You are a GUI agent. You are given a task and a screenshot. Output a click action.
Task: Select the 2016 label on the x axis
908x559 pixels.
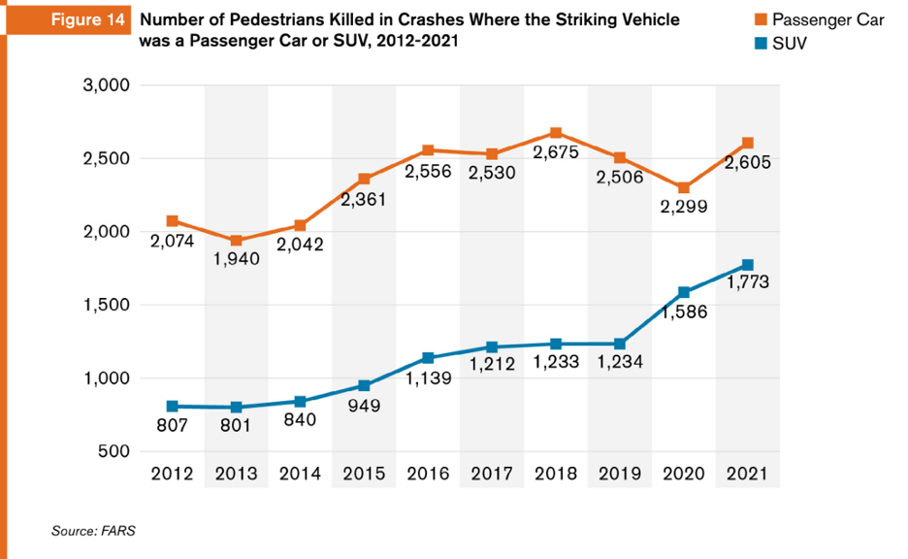pyautogui.click(x=428, y=475)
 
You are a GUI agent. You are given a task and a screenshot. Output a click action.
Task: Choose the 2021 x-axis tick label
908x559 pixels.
pyautogui.click(x=747, y=475)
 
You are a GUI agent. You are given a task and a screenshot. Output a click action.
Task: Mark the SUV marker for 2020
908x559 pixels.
pyautogui.click(x=684, y=292)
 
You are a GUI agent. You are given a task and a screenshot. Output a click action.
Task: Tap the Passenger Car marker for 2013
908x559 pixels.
pyautogui.click(x=236, y=241)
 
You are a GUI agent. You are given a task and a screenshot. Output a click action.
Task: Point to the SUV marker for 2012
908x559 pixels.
pyautogui.click(x=172, y=406)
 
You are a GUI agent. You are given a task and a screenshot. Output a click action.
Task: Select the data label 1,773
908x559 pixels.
pyautogui.click(x=747, y=283)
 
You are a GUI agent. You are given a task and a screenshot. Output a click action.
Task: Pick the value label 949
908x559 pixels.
pyautogui.click(x=365, y=405)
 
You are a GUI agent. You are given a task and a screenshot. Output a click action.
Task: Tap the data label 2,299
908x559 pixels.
pyautogui.click(x=683, y=207)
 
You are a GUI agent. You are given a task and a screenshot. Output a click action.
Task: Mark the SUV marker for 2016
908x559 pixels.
pyautogui.click(x=428, y=358)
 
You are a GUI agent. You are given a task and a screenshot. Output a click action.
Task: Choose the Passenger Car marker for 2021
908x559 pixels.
pyautogui.click(x=747, y=144)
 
